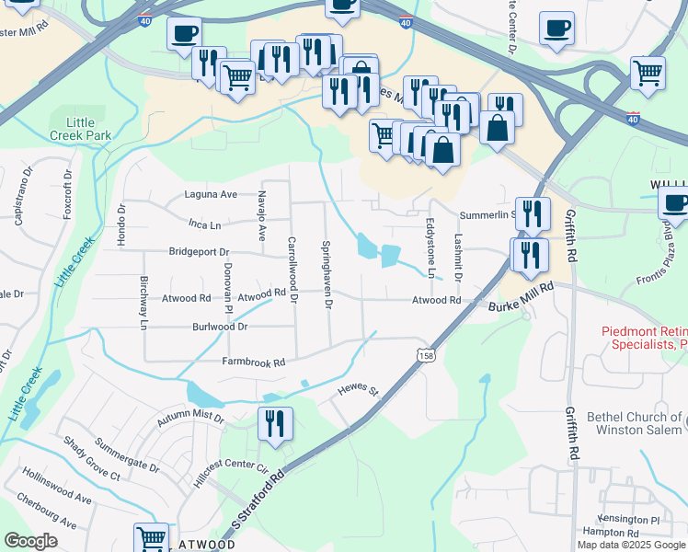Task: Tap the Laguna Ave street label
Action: (x=211, y=194)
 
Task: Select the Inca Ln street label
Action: (x=204, y=224)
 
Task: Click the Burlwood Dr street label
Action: (x=220, y=327)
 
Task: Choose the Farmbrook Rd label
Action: (x=254, y=362)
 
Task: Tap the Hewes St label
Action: (x=359, y=392)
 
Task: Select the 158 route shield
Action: (x=425, y=355)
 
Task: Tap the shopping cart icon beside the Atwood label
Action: (x=152, y=536)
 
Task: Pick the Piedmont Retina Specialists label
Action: (x=643, y=338)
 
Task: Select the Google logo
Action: (x=30, y=541)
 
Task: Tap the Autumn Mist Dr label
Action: (x=190, y=418)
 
